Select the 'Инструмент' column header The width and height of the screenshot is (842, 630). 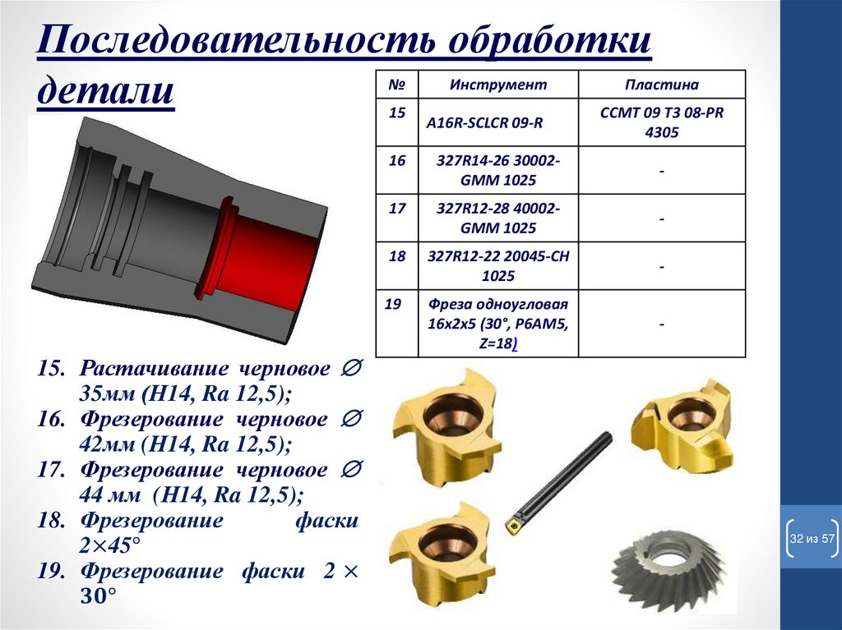(x=497, y=85)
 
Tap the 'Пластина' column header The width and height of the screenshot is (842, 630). (x=662, y=85)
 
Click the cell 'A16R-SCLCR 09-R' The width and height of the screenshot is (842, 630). (x=484, y=123)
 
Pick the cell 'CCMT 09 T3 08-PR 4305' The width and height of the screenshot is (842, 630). (x=662, y=122)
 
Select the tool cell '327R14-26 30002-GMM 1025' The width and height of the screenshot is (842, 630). (x=497, y=170)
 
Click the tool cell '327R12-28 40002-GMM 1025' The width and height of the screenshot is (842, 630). (x=497, y=218)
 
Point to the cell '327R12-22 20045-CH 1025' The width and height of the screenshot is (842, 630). (x=497, y=265)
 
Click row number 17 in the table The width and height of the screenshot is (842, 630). (x=397, y=208)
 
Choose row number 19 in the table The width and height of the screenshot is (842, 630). (x=392, y=304)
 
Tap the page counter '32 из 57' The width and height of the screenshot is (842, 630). (x=812, y=538)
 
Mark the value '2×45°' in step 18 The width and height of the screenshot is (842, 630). (x=109, y=545)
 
